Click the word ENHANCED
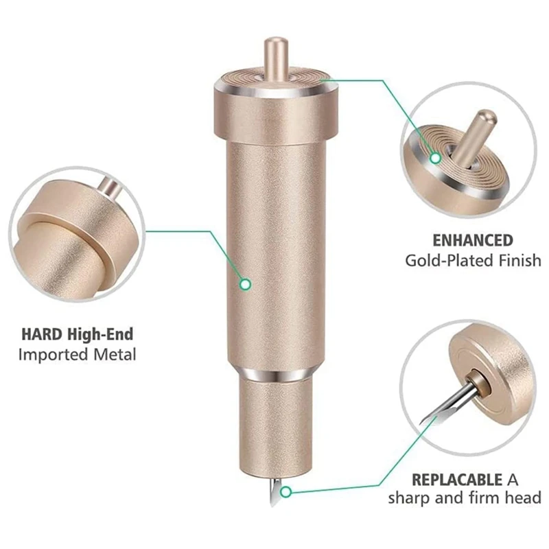pyautogui.click(x=473, y=241)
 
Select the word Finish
pyautogui.click(x=521, y=260)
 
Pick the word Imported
pyautogui.click(x=54, y=355)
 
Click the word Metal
pyautogui.click(x=115, y=354)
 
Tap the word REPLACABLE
pyautogui.click(x=457, y=479)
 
